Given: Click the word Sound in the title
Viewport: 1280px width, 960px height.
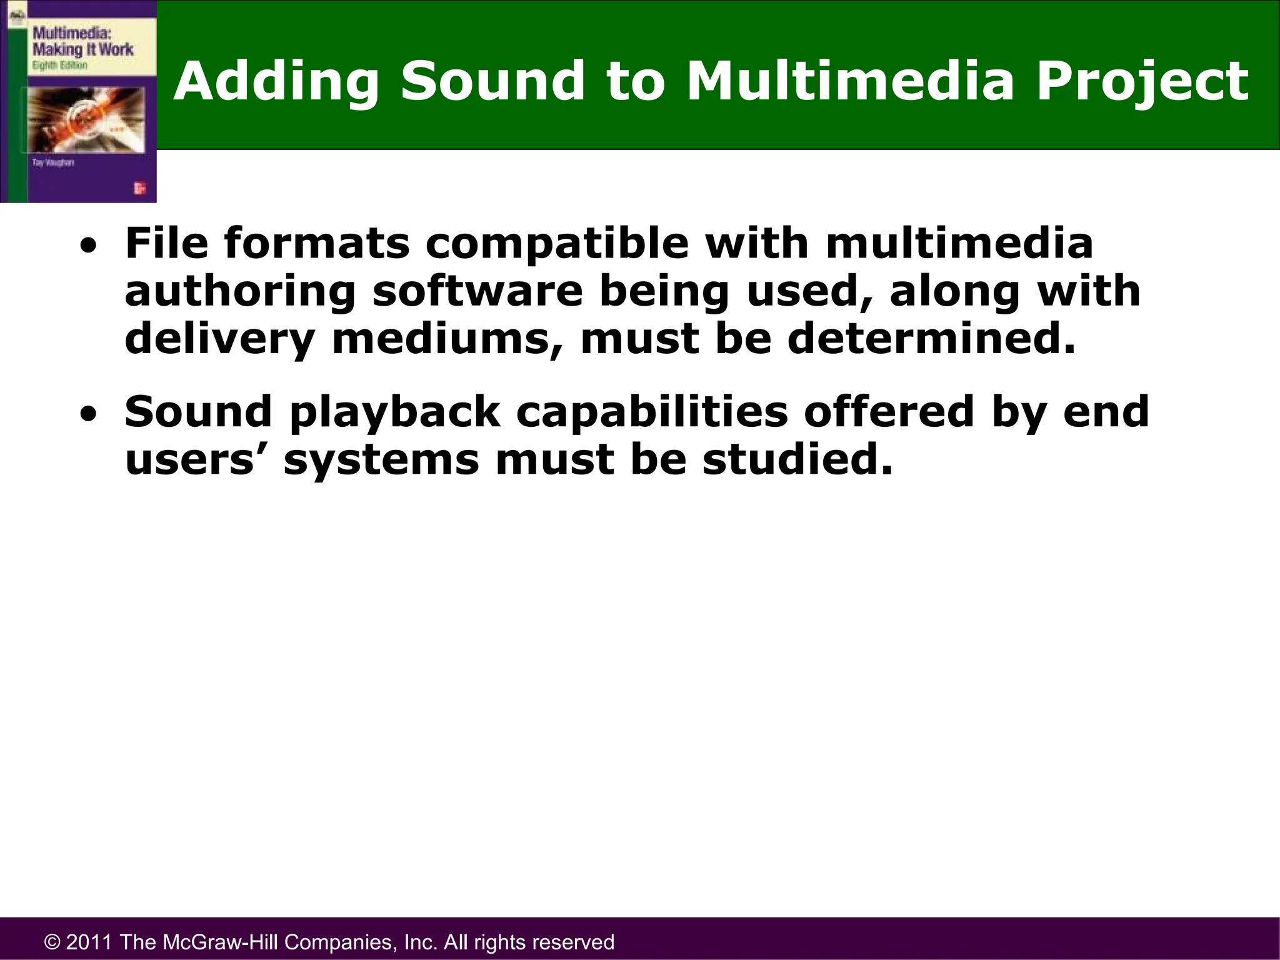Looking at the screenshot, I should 491,81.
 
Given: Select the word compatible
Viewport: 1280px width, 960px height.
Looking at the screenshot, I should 557,244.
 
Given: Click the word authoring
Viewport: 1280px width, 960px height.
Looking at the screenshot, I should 240,292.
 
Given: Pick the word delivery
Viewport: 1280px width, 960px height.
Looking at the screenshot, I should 220,340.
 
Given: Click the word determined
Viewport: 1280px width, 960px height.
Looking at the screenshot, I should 931,339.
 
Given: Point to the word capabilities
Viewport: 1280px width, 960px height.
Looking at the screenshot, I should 652,412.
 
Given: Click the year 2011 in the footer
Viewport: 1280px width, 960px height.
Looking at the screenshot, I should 89,942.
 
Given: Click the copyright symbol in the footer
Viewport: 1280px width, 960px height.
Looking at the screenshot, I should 52,942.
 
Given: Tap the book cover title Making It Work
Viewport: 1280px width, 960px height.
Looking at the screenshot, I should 82,49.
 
